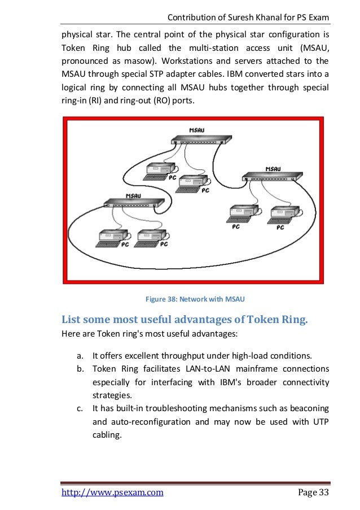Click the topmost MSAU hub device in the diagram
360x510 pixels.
(x=195, y=138)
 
